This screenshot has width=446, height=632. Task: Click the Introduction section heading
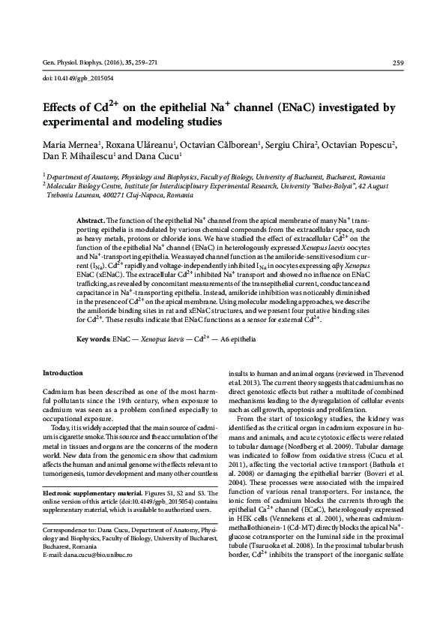63,372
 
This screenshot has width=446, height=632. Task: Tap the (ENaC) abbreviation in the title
279,107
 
